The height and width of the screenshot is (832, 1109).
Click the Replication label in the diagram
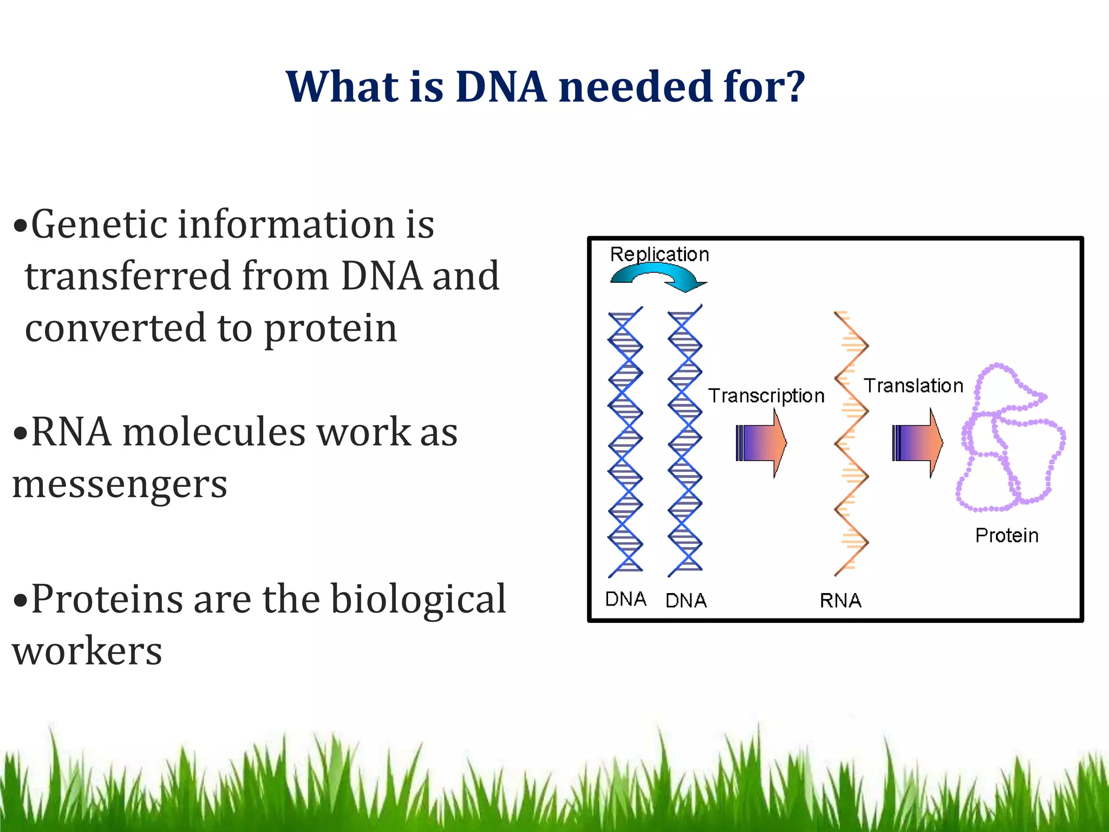coord(659,255)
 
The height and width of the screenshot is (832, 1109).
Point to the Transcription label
coord(766,396)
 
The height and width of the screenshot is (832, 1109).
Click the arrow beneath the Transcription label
coord(761,443)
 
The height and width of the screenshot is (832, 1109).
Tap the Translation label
coord(913,386)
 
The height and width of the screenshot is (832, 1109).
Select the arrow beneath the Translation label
coord(917,443)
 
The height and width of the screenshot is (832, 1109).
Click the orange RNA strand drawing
coord(851,443)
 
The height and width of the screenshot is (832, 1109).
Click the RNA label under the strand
coord(840,600)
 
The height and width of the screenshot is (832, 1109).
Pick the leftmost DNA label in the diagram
coord(625,599)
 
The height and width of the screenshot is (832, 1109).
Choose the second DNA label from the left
coord(686,600)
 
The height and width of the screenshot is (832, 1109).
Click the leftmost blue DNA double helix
coord(625,441)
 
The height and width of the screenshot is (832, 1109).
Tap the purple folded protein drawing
coord(1010,439)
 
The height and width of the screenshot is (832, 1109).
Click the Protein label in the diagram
coord(1007,536)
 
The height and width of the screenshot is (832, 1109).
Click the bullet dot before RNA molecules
coord(20,433)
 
